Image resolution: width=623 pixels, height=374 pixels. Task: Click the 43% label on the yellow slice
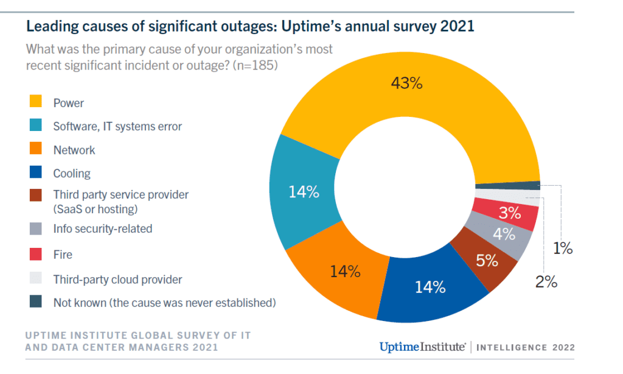click(406, 83)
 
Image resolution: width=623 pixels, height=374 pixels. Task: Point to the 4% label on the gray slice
click(504, 235)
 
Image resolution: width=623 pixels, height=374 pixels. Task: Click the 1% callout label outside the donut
click(563, 249)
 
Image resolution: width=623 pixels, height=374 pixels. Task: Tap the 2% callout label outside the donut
click(546, 281)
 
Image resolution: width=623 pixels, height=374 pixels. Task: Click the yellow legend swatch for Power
click(35, 102)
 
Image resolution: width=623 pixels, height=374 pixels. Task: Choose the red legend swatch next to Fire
click(35, 255)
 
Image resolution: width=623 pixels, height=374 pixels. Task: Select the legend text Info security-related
click(102, 229)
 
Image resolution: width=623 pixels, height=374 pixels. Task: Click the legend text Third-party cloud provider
click(117, 280)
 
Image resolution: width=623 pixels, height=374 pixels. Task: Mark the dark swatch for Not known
click(35, 302)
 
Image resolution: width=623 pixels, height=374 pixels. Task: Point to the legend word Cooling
click(72, 174)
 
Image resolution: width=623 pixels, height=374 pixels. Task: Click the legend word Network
click(74, 150)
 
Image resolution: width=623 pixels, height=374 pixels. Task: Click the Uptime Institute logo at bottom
click(422, 347)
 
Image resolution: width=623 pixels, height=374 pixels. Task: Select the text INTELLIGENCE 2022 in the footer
click(525, 348)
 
